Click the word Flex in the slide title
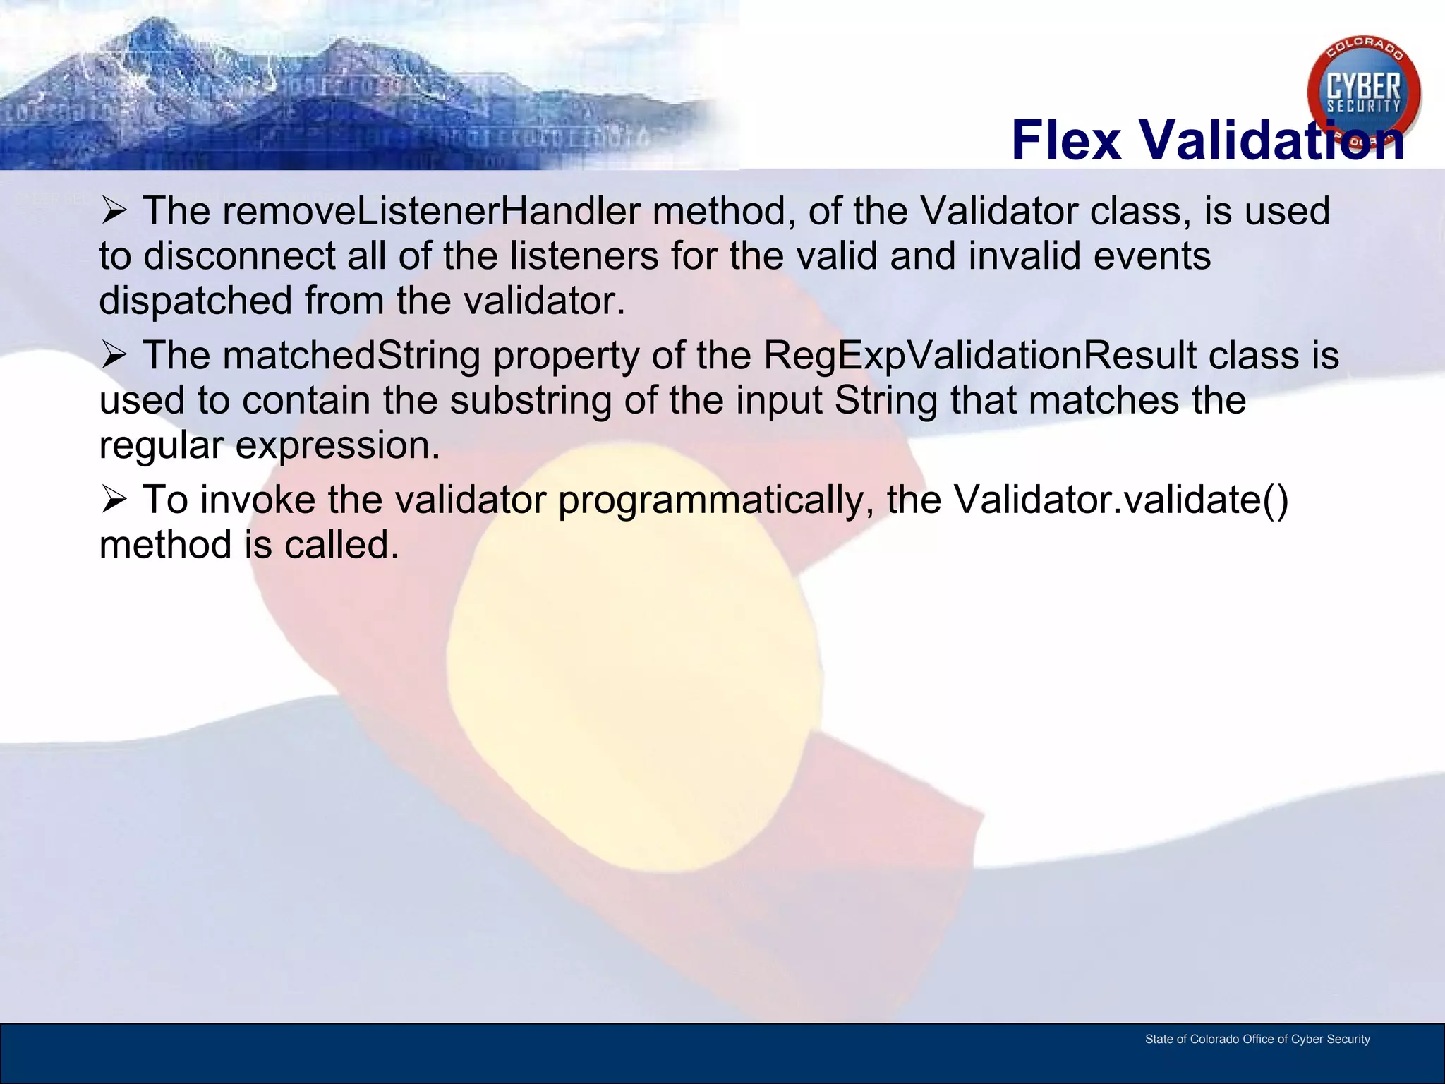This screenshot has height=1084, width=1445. click(1066, 140)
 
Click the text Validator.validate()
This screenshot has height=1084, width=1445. click(1121, 500)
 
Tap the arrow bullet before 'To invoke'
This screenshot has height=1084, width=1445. click(114, 500)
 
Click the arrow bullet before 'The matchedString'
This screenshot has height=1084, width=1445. click(114, 355)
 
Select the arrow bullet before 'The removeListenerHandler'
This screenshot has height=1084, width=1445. click(114, 211)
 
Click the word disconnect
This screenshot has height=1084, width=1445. click(239, 256)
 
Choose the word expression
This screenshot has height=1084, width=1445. click(337, 445)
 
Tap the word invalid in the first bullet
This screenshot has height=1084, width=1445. click(1024, 256)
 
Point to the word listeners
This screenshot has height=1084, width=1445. click(584, 256)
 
